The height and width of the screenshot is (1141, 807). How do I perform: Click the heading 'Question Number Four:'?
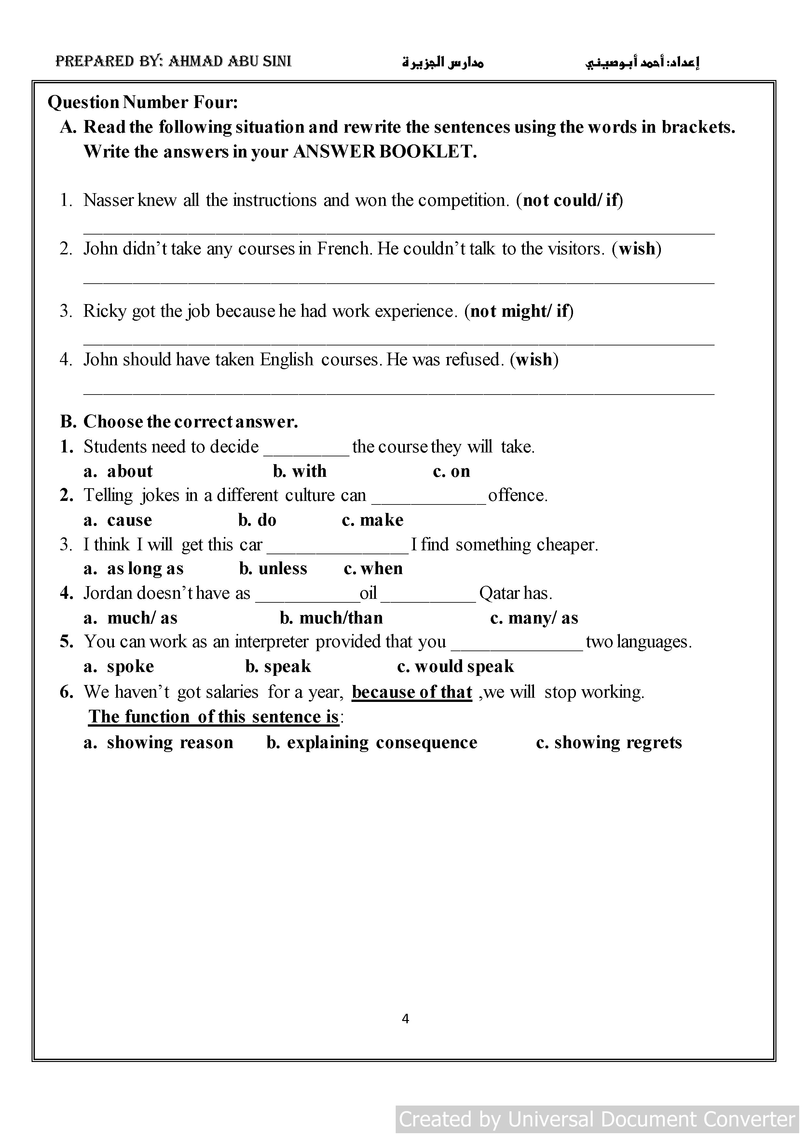(143, 102)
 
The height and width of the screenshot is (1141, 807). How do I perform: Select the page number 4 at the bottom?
(405, 1019)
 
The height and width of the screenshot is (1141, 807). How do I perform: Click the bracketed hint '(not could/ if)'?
(569, 200)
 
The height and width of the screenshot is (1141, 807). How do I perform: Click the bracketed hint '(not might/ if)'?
(519, 311)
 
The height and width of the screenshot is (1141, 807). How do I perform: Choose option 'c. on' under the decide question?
(451, 471)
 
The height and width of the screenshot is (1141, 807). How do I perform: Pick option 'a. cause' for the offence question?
(118, 520)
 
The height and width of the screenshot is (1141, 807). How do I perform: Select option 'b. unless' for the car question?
(273, 569)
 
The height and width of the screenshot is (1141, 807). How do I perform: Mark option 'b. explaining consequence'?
(372, 743)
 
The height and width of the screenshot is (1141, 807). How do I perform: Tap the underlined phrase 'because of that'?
(412, 692)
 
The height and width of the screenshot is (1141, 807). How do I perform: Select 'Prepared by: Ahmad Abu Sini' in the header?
(173, 61)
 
